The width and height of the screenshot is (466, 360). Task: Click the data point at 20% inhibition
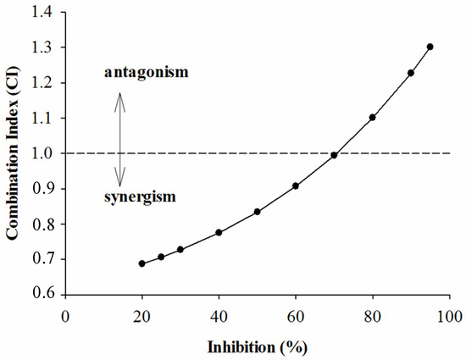tap(142, 263)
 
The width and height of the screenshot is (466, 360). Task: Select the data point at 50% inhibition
tap(257, 212)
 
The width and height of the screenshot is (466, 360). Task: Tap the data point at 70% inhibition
tap(334, 155)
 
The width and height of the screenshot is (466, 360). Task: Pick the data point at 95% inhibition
tap(430, 47)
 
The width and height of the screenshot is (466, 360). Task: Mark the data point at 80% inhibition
tap(372, 118)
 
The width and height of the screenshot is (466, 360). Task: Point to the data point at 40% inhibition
tap(219, 232)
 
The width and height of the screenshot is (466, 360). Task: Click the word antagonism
tap(146, 72)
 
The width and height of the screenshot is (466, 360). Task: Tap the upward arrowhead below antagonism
tap(119, 94)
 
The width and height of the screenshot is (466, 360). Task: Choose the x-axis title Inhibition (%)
tap(258, 347)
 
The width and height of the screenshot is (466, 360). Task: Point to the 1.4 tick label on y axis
tap(45, 12)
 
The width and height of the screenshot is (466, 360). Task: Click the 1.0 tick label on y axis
tap(45, 153)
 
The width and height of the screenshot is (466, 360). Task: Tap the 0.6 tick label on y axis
tap(45, 295)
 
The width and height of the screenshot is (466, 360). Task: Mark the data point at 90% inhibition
tap(411, 73)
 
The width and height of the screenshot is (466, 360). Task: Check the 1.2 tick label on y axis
tap(45, 83)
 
